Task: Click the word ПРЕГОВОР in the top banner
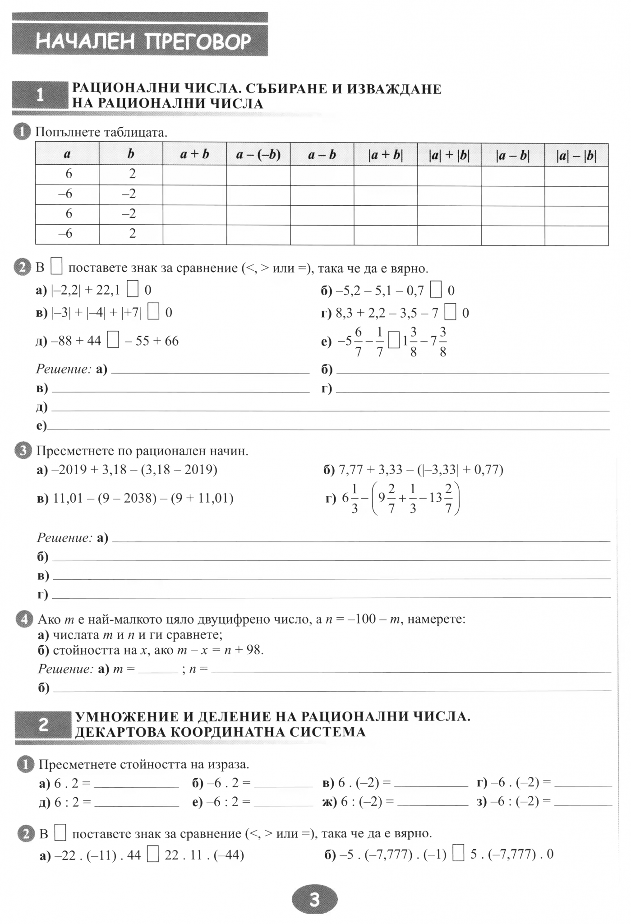coord(198,42)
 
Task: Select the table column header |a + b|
coord(386,155)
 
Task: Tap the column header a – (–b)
coord(258,155)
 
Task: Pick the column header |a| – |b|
coord(576,155)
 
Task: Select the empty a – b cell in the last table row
coord(322,235)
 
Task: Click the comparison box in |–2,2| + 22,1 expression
coord(133,290)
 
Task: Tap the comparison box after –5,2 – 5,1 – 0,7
coord(436,290)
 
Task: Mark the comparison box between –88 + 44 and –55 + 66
coord(113,341)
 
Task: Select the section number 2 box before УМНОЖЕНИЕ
coord(43,725)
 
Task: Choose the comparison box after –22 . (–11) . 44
coord(153,855)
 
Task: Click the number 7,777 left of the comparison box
coord(394,855)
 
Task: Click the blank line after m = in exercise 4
coord(158,670)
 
